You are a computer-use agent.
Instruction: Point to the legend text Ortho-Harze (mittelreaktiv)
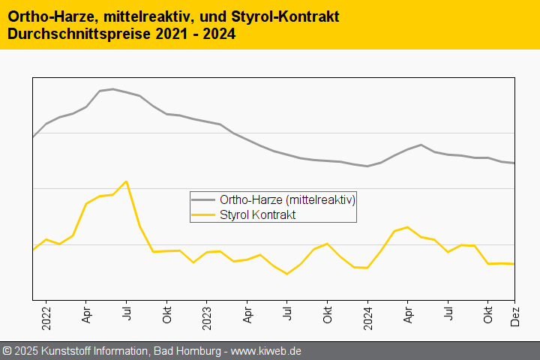(x=287, y=200)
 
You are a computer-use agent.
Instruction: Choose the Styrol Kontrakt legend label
(x=258, y=214)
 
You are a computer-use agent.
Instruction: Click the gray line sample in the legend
(x=202, y=200)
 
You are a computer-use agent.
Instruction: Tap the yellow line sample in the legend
(x=202, y=214)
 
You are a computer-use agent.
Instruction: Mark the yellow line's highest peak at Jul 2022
(x=126, y=181)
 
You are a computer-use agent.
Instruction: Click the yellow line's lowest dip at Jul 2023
(x=286, y=274)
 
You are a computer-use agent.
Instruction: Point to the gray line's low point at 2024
(x=367, y=166)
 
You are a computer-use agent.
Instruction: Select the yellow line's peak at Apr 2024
(x=407, y=226)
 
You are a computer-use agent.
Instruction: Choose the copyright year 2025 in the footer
(x=26, y=351)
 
